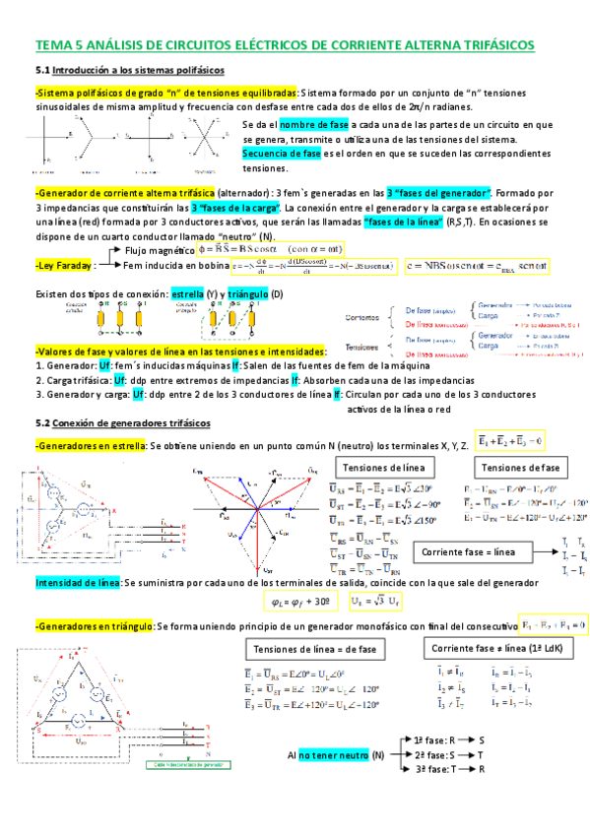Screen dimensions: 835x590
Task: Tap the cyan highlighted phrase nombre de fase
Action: pyautogui.click(x=286, y=125)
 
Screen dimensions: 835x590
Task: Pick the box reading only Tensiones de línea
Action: pyautogui.click(x=380, y=467)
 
